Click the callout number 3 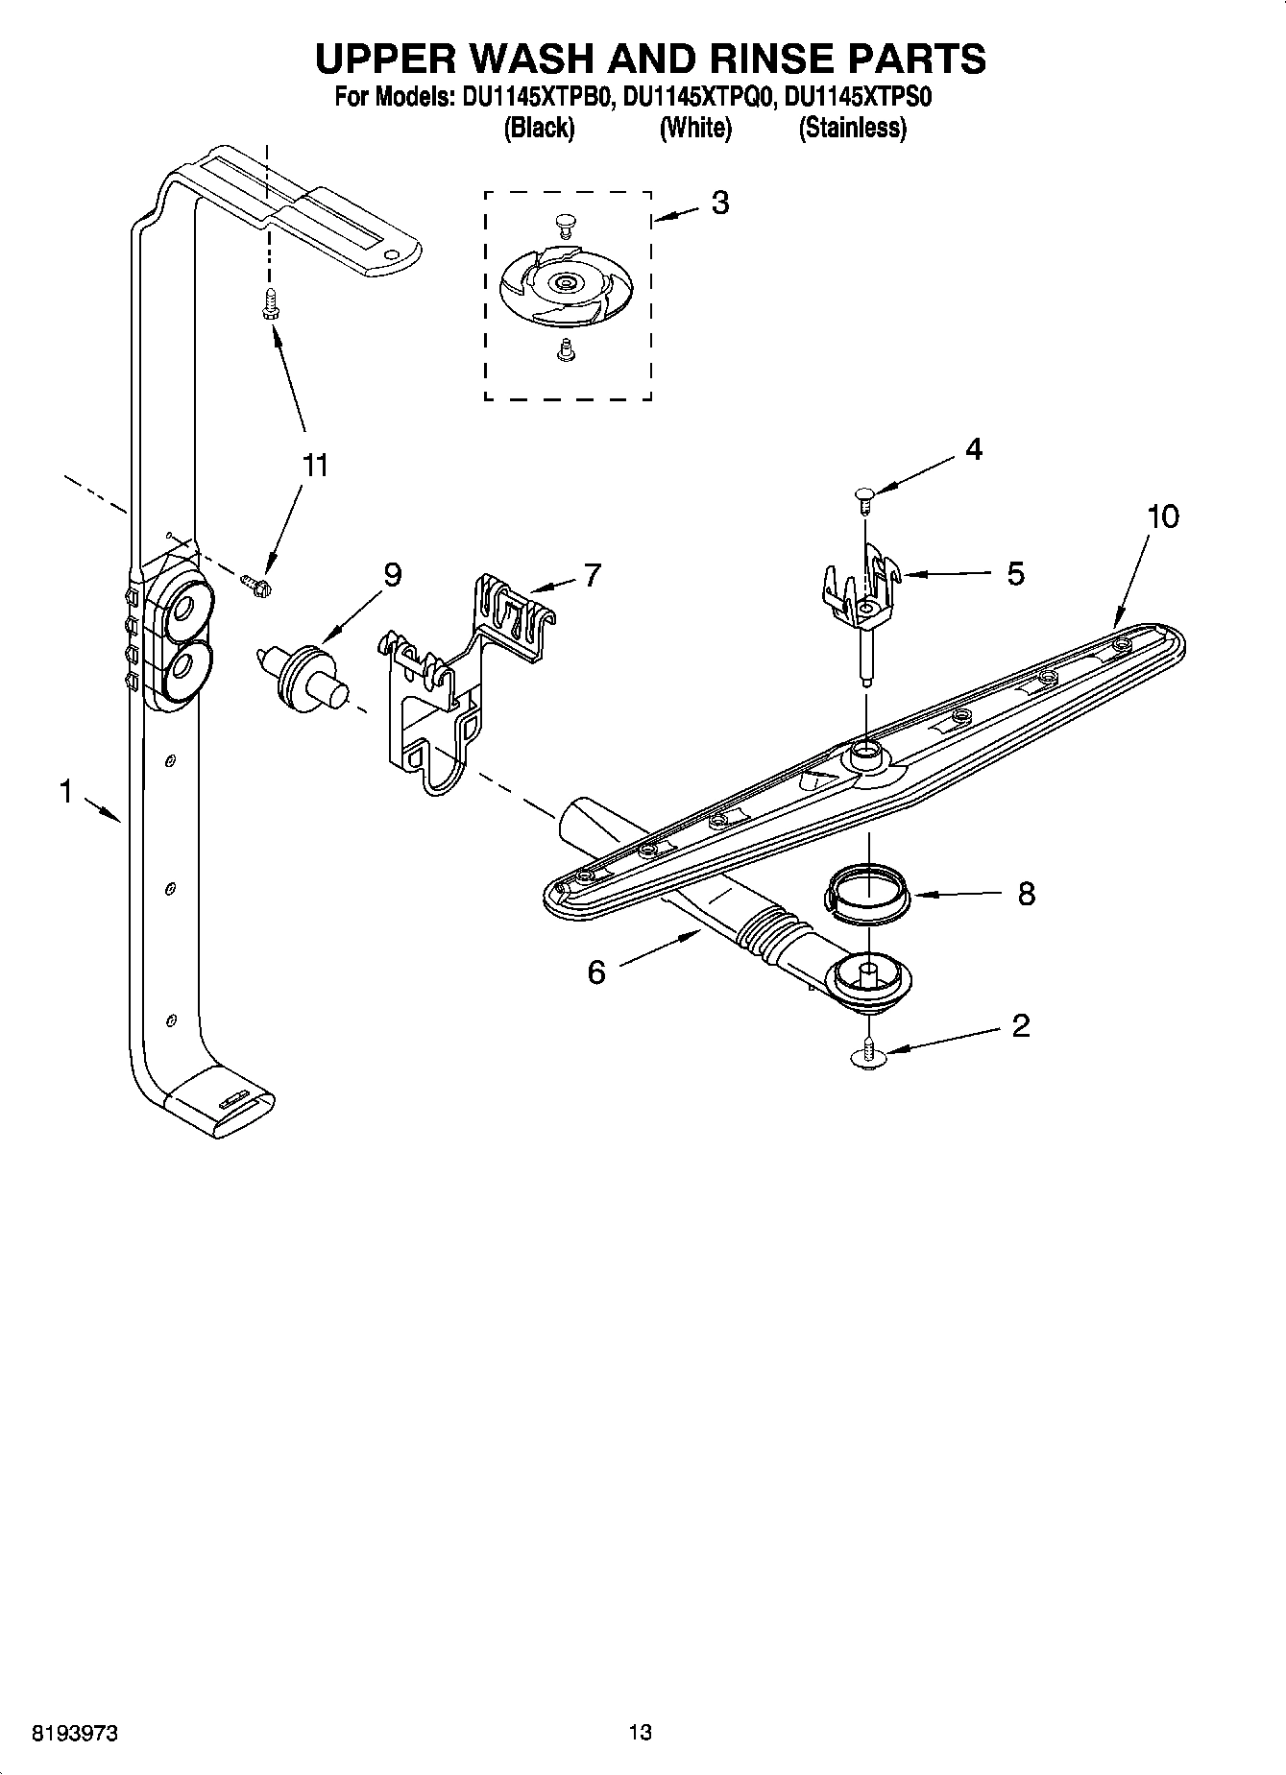click(719, 203)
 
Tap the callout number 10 click(1162, 516)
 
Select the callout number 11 click(314, 466)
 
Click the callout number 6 click(596, 972)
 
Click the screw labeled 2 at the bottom click(868, 1053)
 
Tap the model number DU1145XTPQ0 click(697, 97)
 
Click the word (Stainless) click(852, 129)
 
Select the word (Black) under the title click(539, 129)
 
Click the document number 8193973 click(75, 1733)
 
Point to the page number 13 click(640, 1733)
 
